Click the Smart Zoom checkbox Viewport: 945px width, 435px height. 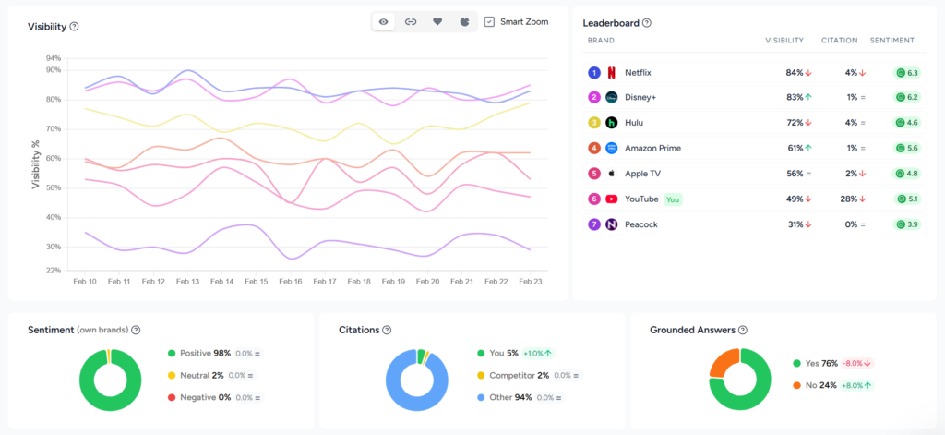coord(489,21)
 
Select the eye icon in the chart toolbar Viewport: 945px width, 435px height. coord(384,21)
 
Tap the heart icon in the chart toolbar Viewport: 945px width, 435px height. coord(437,21)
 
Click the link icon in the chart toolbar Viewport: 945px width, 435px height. coord(411,21)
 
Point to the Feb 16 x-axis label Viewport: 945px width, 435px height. coord(291,281)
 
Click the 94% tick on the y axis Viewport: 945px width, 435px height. coord(53,57)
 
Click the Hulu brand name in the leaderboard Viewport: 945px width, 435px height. coord(634,123)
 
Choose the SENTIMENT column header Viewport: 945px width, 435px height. coord(891,41)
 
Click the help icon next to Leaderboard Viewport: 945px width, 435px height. coord(647,23)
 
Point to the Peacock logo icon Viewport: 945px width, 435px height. coord(611,224)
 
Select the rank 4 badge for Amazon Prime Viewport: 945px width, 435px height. coord(593,148)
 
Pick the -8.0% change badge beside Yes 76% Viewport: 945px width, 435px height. coord(855,363)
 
